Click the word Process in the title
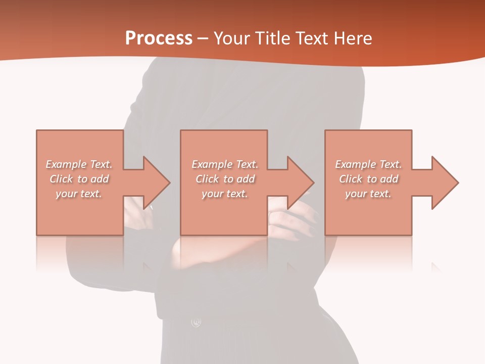pyautogui.click(x=159, y=38)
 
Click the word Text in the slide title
pyautogui.click(x=311, y=38)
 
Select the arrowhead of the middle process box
pyautogui.click(x=300, y=183)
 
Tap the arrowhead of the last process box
pyautogui.click(x=444, y=183)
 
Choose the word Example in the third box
pyautogui.click(x=355, y=164)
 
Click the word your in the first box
pyautogui.click(x=66, y=194)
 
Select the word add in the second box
pyautogui.click(x=246, y=179)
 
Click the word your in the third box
pyautogui.click(x=355, y=194)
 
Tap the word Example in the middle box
pyautogui.click(x=212, y=164)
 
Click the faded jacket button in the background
pyautogui.click(x=196, y=322)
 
